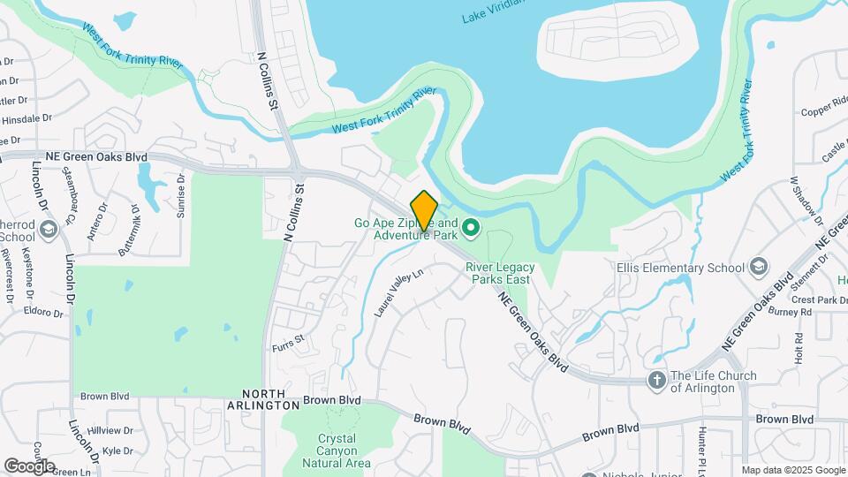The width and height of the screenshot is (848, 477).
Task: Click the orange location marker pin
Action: click(424, 211)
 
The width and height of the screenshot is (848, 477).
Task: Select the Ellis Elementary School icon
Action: click(758, 267)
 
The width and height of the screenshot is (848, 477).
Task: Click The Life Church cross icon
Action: click(656, 381)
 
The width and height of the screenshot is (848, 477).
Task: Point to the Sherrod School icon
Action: click(48, 231)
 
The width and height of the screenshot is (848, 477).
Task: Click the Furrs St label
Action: click(287, 339)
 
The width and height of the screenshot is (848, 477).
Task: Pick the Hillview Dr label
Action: click(110, 431)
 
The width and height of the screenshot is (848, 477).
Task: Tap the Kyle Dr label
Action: click(117, 450)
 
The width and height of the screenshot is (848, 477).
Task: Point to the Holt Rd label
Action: click(798, 349)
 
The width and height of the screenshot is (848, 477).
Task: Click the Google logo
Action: click(29, 466)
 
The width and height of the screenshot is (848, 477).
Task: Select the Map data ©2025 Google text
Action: click(792, 470)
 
